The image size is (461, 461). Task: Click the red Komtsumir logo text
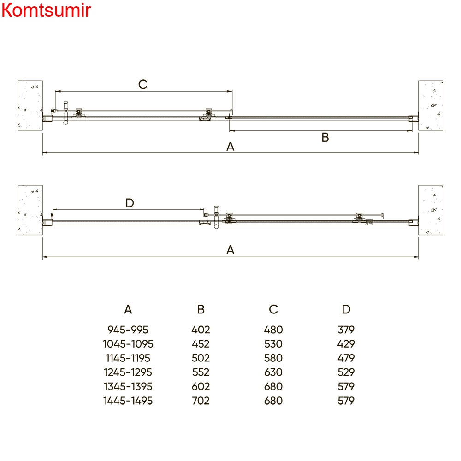46,10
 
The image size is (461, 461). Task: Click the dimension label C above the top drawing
143,84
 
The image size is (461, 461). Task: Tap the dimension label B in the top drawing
325,137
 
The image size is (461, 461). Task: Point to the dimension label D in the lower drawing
130,203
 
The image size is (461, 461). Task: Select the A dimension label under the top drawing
230,147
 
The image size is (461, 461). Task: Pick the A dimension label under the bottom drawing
230,250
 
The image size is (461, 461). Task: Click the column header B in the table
201,309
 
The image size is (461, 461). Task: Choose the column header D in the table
346,309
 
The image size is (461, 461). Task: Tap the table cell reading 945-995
128,330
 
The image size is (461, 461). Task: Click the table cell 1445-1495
128,401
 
